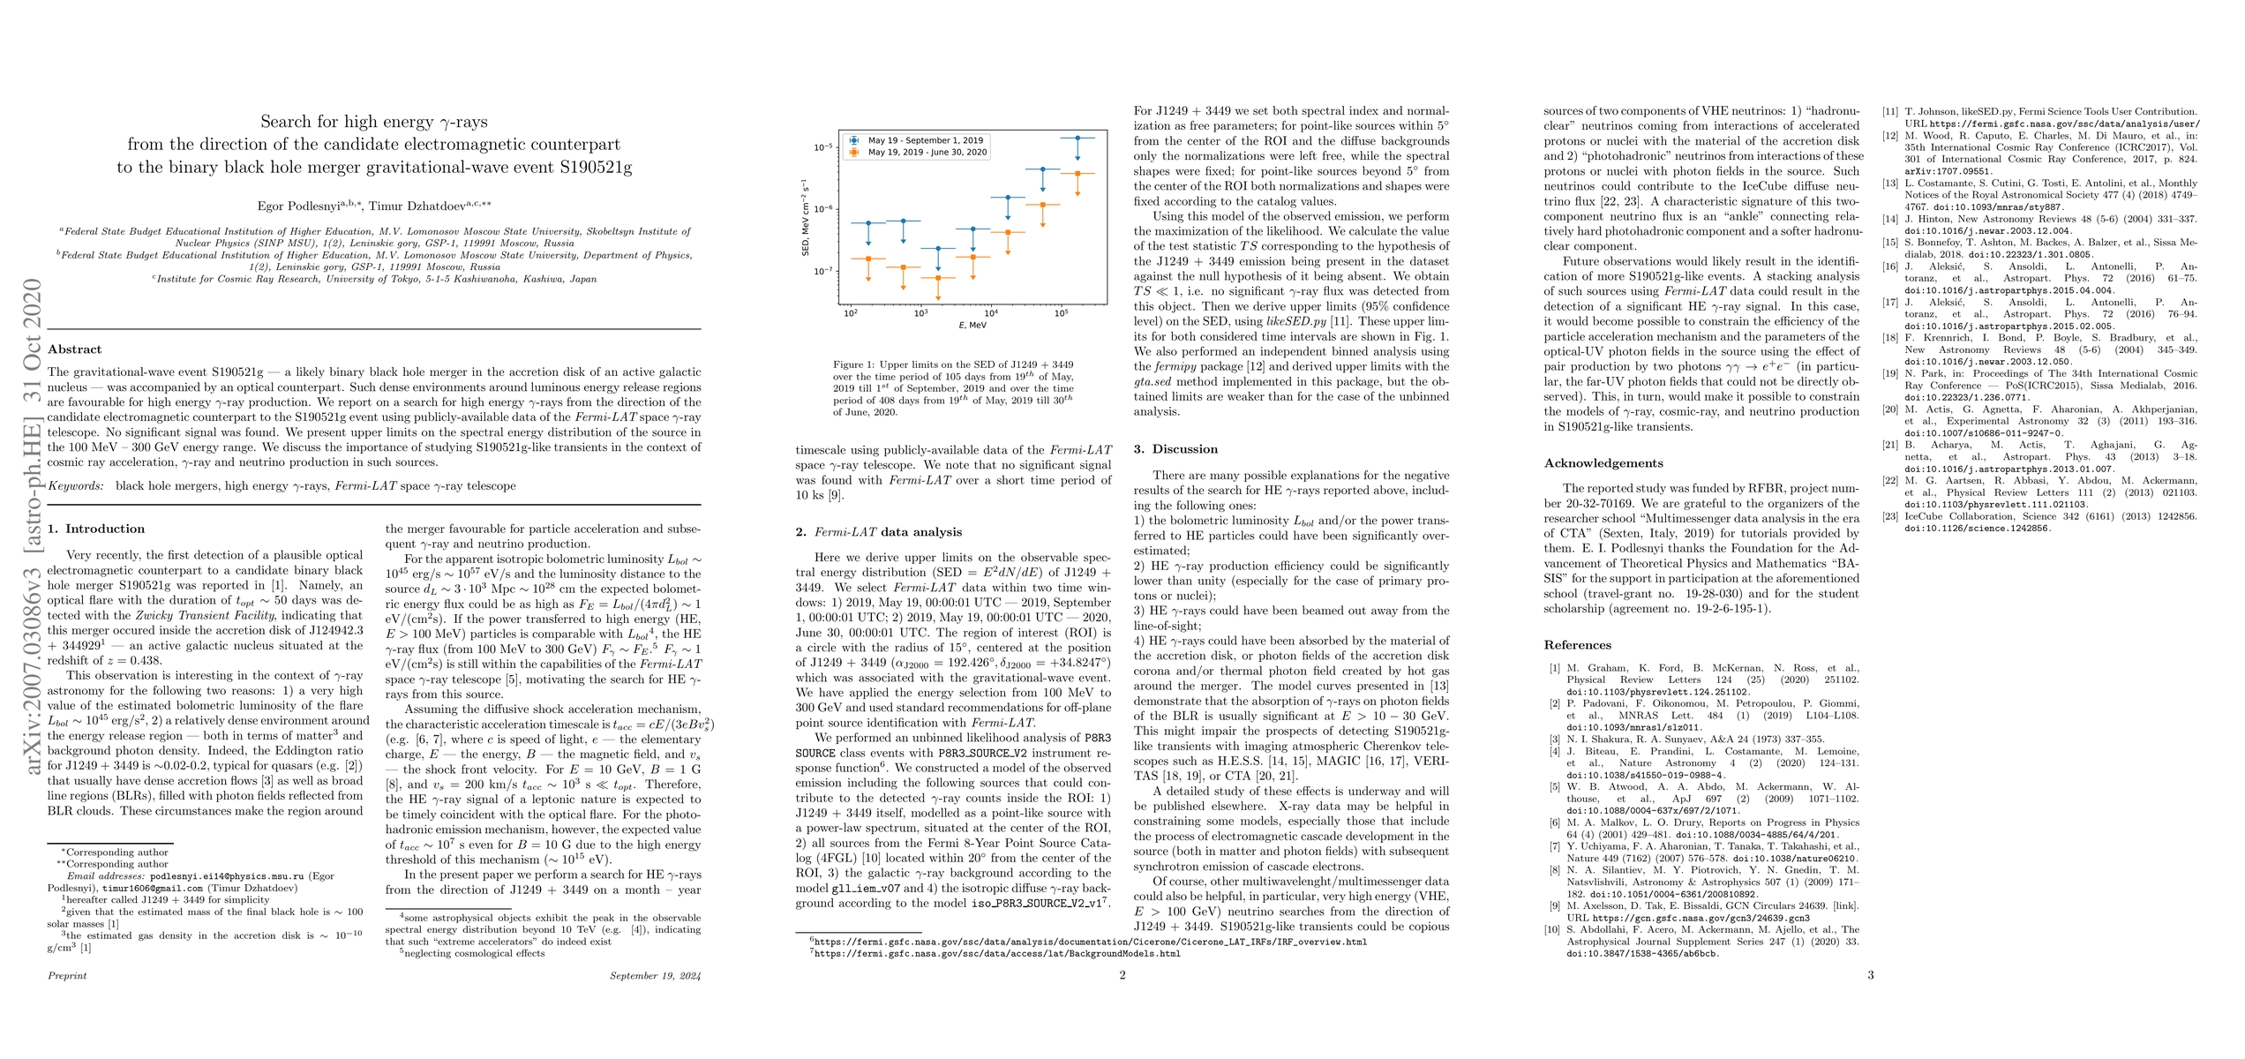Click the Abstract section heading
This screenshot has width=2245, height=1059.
[74, 349]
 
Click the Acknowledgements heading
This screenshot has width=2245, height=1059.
[1603, 463]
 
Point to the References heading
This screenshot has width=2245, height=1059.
[1577, 645]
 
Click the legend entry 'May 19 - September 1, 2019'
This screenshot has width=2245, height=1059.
[925, 140]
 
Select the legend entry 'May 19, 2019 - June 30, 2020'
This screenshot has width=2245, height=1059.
[927, 153]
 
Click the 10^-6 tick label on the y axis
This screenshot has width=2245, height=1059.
[823, 209]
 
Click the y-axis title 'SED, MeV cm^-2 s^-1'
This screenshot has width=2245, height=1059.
[805, 218]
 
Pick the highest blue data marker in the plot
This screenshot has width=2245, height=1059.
[1077, 138]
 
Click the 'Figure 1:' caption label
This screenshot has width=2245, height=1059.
[855, 364]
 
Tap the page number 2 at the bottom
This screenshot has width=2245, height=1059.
[1122, 975]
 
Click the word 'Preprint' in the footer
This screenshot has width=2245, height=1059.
[67, 976]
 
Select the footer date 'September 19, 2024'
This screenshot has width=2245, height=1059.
[655, 976]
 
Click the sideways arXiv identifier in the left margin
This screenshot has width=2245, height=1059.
[32, 526]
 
